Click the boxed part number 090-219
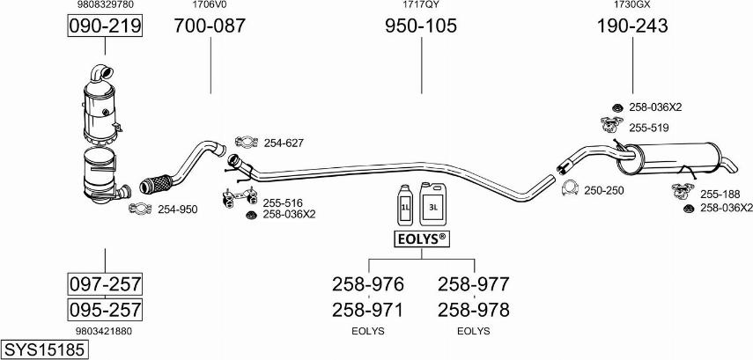point(105,26)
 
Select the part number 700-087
point(210,26)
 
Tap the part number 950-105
point(421,26)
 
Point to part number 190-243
point(632,26)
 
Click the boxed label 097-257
point(105,284)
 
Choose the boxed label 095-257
point(105,309)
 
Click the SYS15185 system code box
point(45,349)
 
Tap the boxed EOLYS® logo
point(422,239)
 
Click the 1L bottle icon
point(405,204)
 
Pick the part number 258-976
point(368,284)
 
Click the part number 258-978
point(473,310)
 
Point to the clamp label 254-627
point(284,143)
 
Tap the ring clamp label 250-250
point(603,190)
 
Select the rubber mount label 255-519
point(649,128)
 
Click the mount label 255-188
point(720,195)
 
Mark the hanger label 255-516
point(283,203)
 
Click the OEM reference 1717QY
point(421,4)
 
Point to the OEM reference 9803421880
point(104,331)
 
